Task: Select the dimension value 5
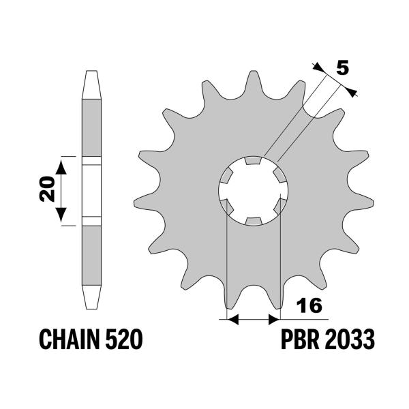coord(343,67)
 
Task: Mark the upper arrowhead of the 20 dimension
coord(61,164)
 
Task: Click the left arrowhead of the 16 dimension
coord(231,318)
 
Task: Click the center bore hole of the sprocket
coord(253,191)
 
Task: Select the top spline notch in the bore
coord(253,162)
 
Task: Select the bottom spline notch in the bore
coord(253,221)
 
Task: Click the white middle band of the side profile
coord(91,191)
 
